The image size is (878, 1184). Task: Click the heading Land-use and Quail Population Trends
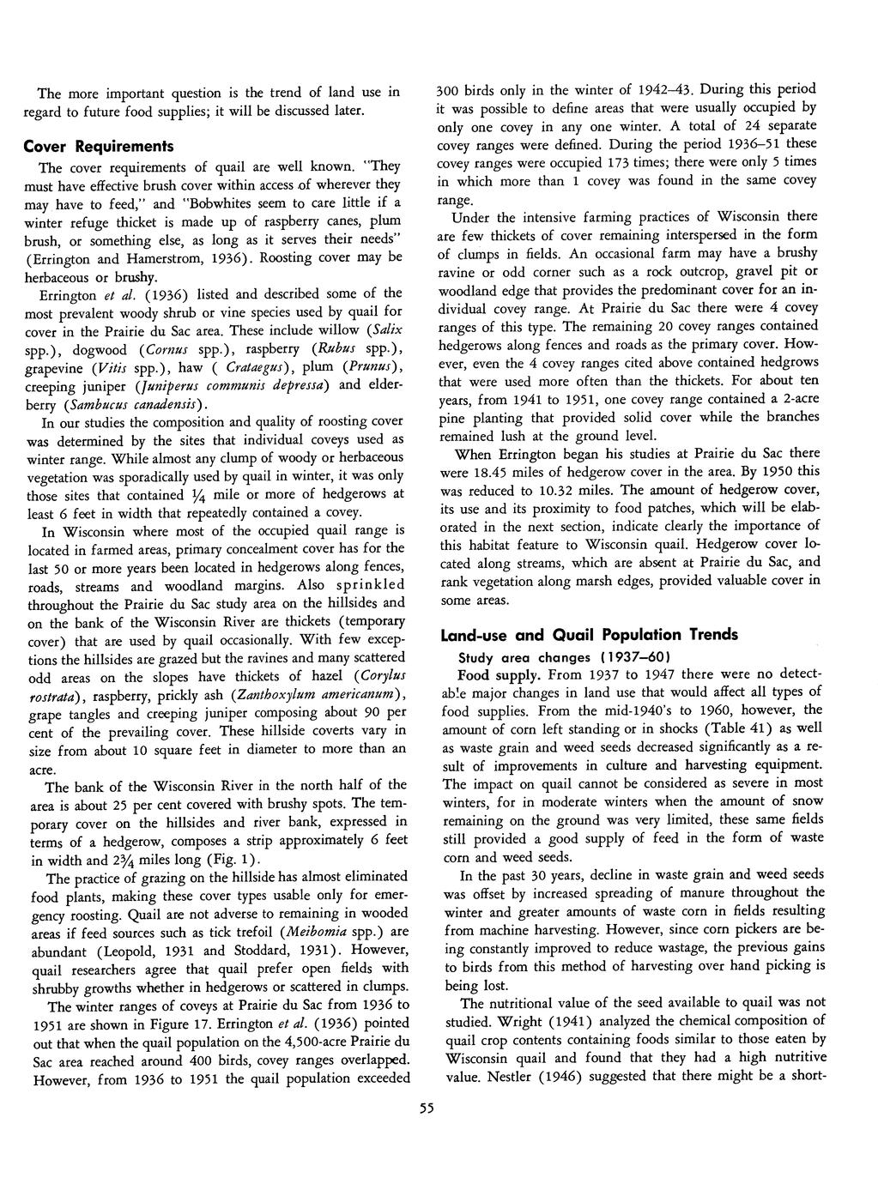(589, 635)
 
